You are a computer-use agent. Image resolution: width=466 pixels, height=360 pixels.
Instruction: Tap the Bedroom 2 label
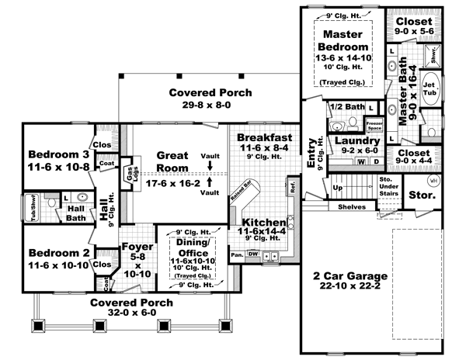point(57,253)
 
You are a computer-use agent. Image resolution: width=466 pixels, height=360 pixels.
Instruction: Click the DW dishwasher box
point(252,254)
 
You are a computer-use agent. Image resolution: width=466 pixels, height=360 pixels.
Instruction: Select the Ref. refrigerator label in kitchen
point(292,186)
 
